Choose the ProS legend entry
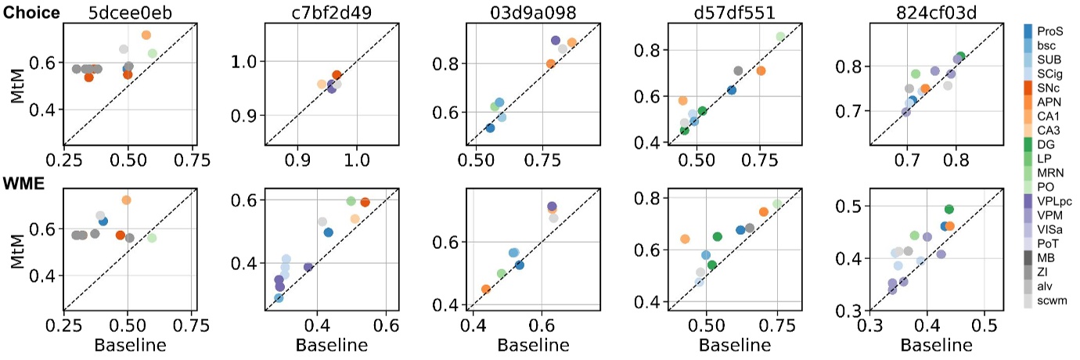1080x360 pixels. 1049,31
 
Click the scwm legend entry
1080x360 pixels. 1050,301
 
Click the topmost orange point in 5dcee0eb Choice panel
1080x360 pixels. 146,35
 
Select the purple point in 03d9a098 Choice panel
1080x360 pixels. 556,40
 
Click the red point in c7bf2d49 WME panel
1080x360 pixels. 365,202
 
